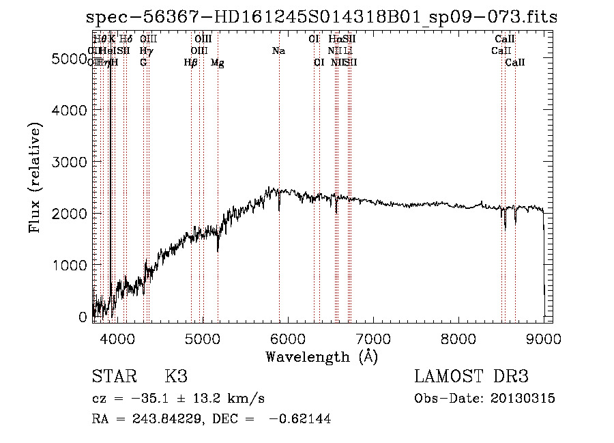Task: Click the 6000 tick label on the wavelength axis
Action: click(x=287, y=337)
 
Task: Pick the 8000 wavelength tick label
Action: click(x=458, y=337)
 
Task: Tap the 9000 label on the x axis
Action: click(x=544, y=337)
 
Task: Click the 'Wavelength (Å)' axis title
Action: click(x=321, y=356)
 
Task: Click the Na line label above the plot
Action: click(x=278, y=51)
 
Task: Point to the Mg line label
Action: click(x=218, y=63)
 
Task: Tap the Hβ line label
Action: click(x=191, y=63)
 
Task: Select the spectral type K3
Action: click(x=175, y=377)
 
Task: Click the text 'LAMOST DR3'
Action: click(x=471, y=377)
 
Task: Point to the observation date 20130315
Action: click(x=527, y=399)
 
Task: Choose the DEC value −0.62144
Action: click(x=300, y=419)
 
